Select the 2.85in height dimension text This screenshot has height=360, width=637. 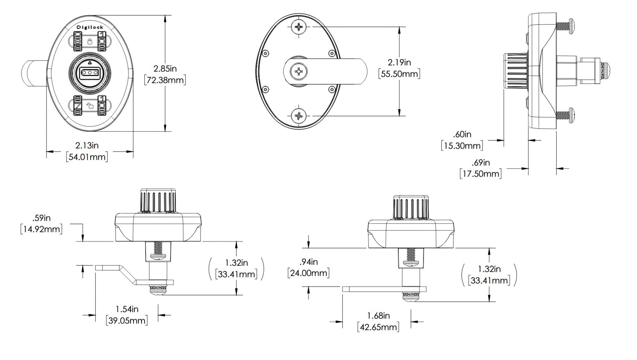[x=165, y=69]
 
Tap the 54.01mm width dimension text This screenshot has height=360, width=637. [x=87, y=157]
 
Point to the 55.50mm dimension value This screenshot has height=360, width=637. [x=399, y=73]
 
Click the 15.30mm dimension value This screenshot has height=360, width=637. [x=462, y=145]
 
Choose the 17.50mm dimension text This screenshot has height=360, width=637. [x=480, y=174]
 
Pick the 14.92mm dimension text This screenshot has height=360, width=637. [x=41, y=229]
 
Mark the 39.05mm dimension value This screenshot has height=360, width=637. [x=127, y=320]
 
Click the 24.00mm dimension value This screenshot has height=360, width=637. [x=309, y=273]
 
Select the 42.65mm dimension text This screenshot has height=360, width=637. [x=378, y=327]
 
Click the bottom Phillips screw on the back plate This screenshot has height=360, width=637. [x=300, y=116]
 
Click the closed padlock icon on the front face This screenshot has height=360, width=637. [x=90, y=41]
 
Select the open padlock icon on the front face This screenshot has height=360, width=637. [x=90, y=106]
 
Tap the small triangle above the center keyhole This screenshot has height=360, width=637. [x=90, y=62]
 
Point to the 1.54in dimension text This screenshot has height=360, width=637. [x=127, y=309]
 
